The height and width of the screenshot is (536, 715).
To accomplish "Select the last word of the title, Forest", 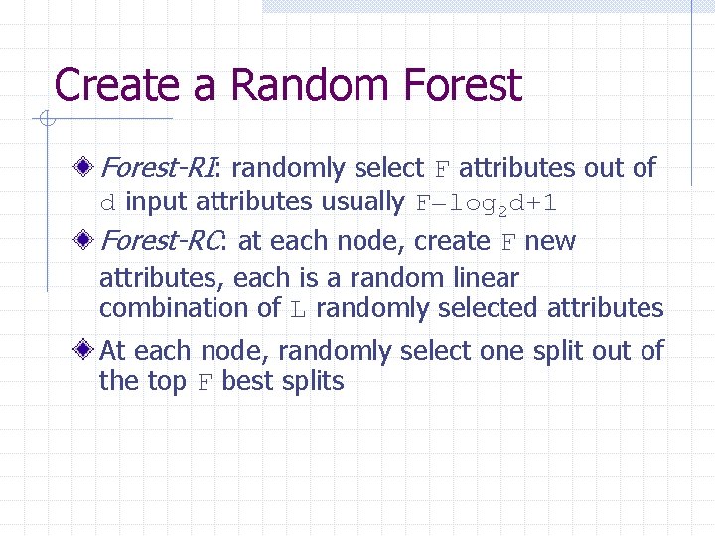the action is coord(463,85).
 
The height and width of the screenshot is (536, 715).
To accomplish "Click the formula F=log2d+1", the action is coord(487,203).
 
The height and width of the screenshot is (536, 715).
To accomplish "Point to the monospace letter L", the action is coord(298,309).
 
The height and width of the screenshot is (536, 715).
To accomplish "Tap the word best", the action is coord(248,381).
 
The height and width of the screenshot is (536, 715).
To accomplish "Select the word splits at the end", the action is coord(312,382).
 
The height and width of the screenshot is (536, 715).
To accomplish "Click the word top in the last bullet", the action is coord(167,382).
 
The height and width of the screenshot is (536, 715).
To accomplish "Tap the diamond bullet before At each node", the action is coord(89,350).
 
